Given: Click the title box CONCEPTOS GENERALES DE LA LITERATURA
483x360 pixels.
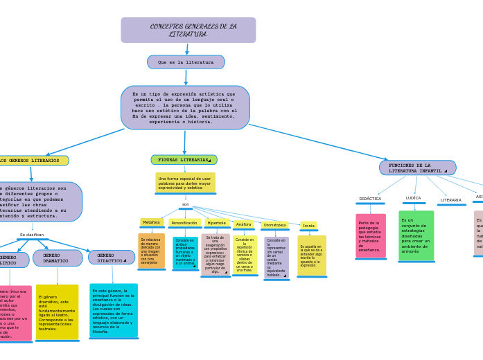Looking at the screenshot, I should [x=188, y=30].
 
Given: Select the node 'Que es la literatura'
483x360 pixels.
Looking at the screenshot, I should [x=186, y=62].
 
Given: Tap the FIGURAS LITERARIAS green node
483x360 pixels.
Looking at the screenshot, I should [x=184, y=160].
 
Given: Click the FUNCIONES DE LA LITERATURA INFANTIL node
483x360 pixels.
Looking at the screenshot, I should [x=417, y=168].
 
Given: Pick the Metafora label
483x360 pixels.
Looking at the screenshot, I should [x=151, y=223].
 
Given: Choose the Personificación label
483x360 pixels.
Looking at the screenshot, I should [x=184, y=223].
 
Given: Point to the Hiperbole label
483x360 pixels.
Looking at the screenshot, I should [x=217, y=223].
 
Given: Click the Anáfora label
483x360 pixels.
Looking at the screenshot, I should [x=244, y=224].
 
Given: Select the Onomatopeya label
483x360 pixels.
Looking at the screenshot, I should [x=274, y=225].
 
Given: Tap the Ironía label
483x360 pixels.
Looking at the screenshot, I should [x=308, y=226].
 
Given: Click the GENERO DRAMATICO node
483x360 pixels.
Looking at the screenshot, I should [x=57, y=258].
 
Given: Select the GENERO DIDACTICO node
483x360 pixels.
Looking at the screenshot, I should [x=111, y=258].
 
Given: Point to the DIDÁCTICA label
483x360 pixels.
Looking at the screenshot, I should [x=370, y=199].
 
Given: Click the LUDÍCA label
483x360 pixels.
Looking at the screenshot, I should [x=413, y=198].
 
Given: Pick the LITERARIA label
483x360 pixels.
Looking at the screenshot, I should [x=450, y=200].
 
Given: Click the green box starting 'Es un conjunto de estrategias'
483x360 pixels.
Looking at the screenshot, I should [x=416, y=236].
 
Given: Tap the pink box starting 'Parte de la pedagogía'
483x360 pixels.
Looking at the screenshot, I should [x=370, y=236].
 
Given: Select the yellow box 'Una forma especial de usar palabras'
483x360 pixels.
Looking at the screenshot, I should [x=185, y=183].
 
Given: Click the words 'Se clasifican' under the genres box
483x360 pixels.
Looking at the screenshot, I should [x=32, y=235].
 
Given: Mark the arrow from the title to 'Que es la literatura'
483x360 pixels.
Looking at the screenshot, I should [x=186, y=49].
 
